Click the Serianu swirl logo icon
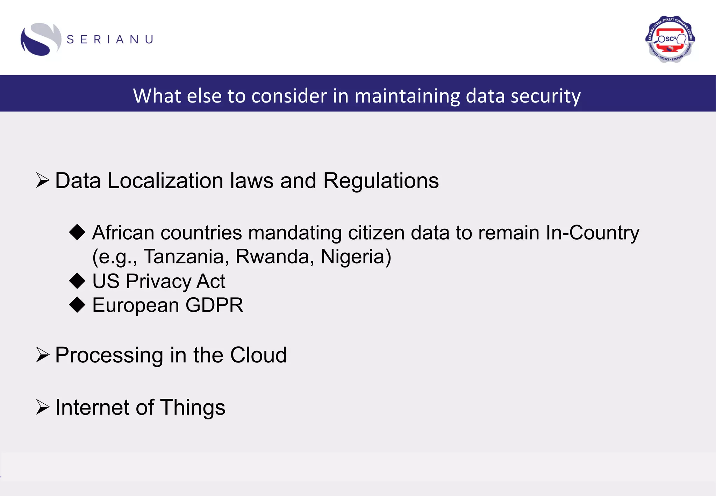coord(40,39)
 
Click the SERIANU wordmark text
coord(110,40)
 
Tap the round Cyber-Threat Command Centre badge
coord(670,39)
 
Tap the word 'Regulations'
coord(381,181)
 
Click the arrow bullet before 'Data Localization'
coord(43,180)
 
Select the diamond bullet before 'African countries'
coord(77,232)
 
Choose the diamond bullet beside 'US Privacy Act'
coord(77,281)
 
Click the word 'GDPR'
coord(214,305)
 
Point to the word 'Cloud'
coord(258,355)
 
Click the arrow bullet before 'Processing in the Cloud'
coord(43,355)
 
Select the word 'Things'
coord(193,408)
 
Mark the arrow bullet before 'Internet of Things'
coord(43,407)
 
